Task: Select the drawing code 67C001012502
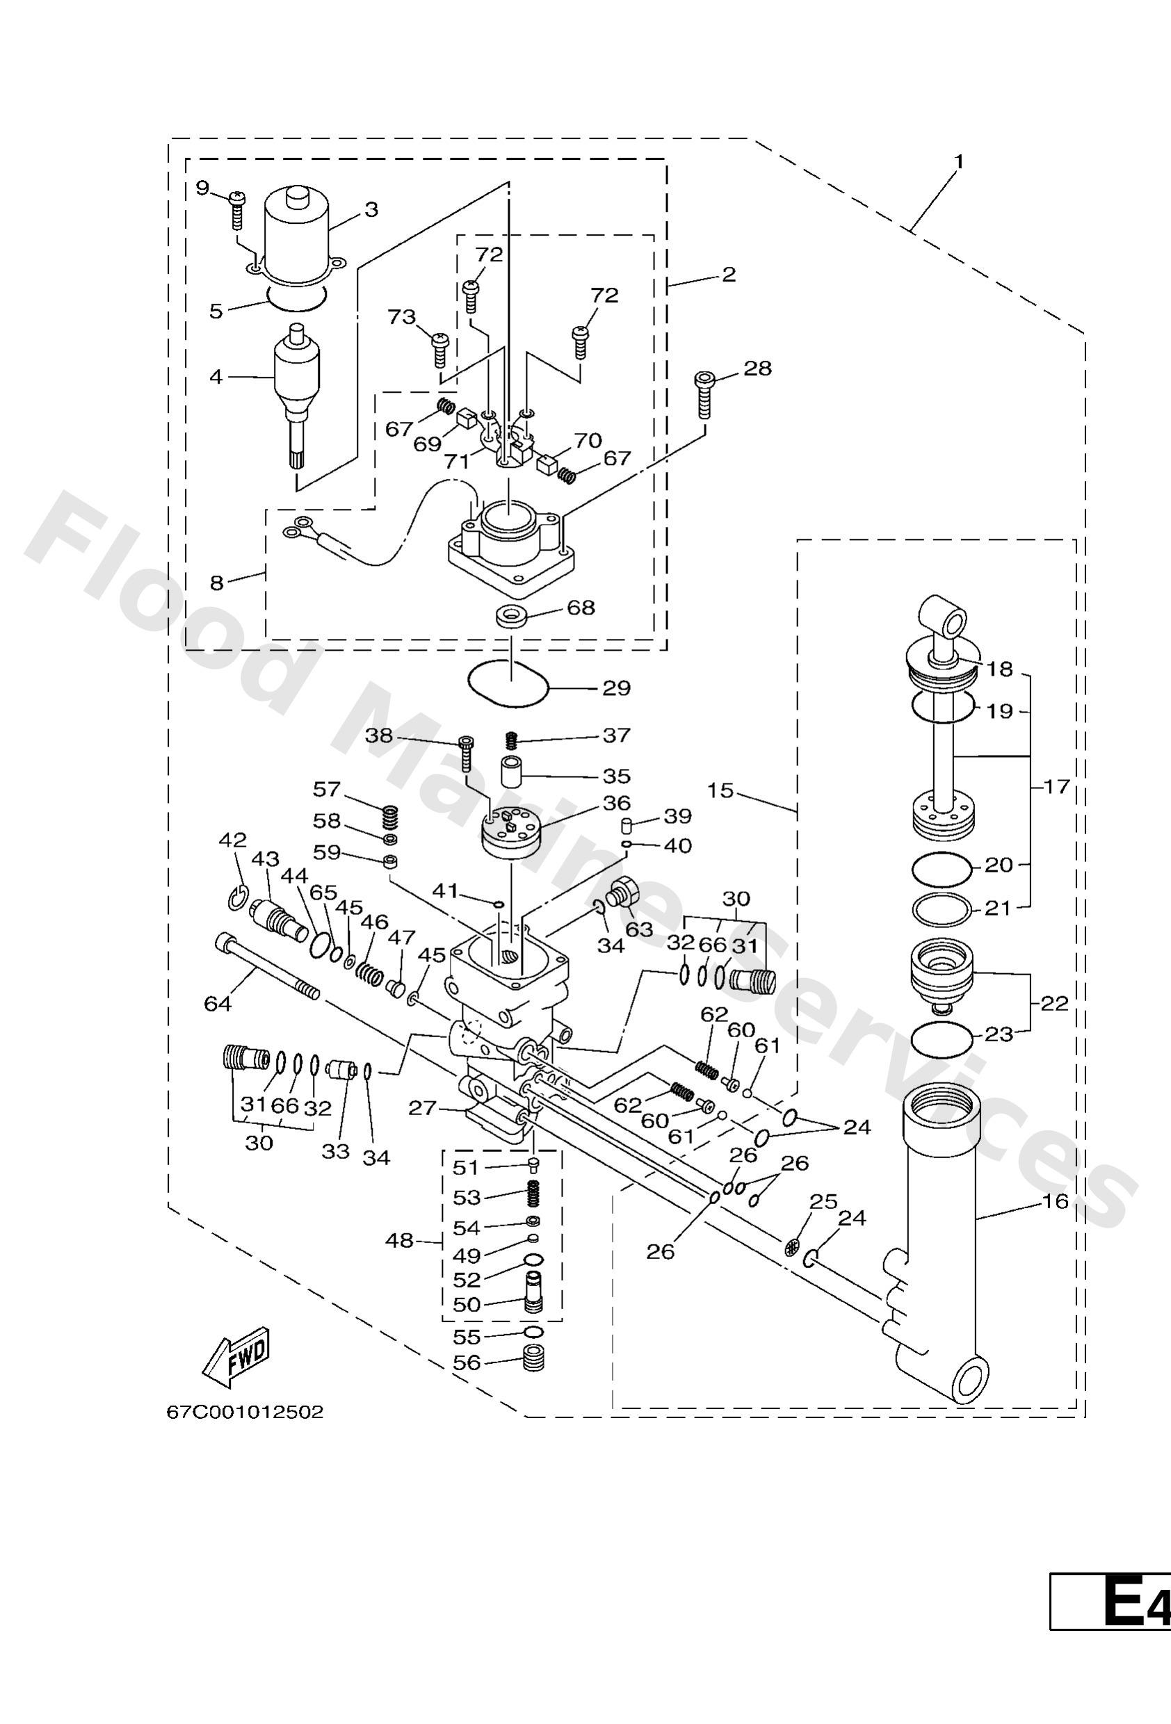click(x=244, y=1433)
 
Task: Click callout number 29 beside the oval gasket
click(x=616, y=688)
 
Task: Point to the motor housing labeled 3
click(x=297, y=234)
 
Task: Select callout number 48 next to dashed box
click(x=400, y=1239)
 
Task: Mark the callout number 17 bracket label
click(x=1056, y=786)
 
